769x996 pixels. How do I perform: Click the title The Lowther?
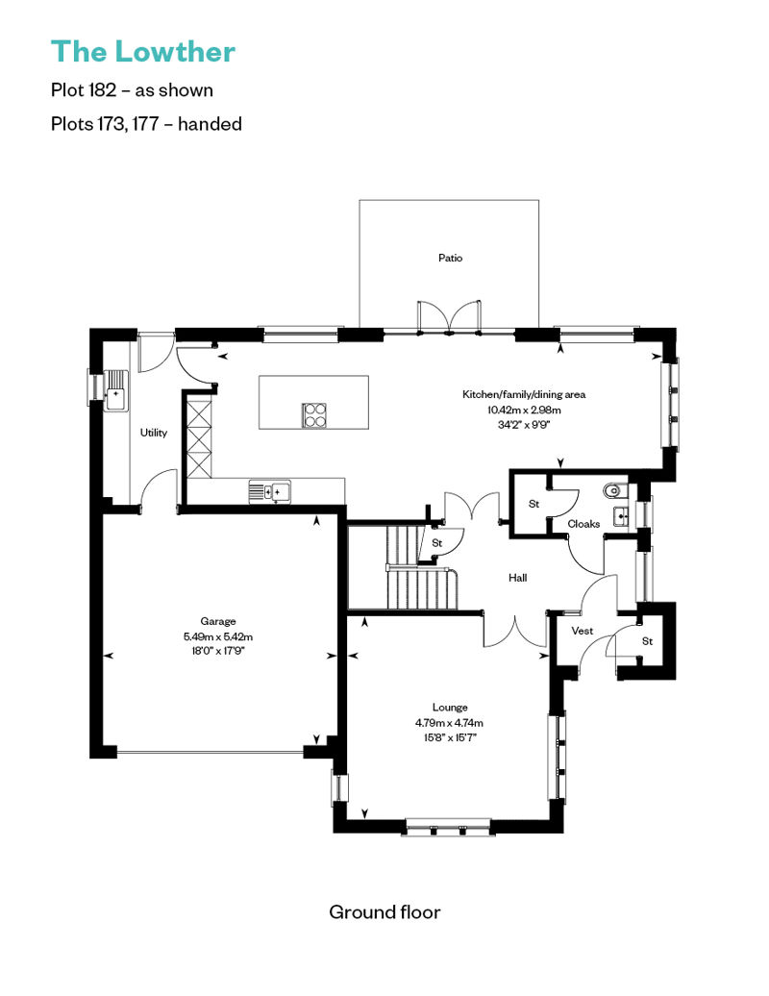coord(143,52)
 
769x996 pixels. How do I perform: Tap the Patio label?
coord(450,258)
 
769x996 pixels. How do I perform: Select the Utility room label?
coord(154,433)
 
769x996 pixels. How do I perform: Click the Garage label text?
coord(218,621)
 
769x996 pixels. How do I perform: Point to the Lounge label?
coord(450,707)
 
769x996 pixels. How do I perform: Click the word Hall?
coord(517,578)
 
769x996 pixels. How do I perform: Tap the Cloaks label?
coord(583,524)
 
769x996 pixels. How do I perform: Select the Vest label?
coord(583,631)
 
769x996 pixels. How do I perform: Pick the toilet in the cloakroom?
coord(615,491)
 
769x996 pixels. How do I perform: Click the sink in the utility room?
coord(116,390)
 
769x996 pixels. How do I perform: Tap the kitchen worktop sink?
coord(270,491)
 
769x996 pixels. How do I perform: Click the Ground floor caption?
coord(384,912)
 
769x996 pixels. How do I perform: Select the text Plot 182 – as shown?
coord(132,90)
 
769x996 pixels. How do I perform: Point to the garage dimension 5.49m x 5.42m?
coord(218,636)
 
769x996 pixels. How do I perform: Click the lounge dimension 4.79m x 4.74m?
coord(450,722)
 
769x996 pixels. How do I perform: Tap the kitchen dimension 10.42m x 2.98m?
coord(524,410)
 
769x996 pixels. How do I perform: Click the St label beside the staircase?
coord(437,543)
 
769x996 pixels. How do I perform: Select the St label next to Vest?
coord(647,641)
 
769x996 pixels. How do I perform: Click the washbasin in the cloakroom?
coord(620,516)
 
